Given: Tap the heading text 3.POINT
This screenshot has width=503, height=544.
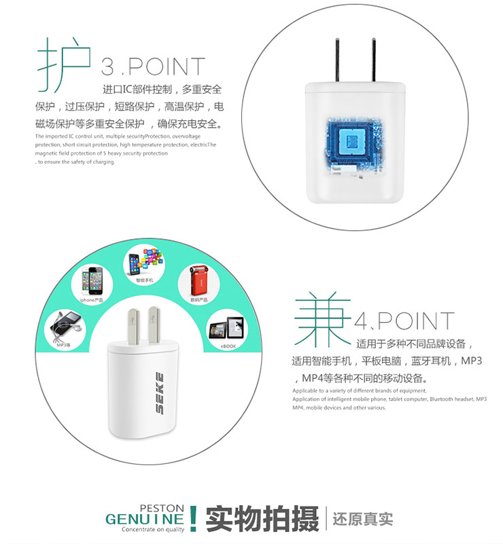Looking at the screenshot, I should click(x=153, y=67).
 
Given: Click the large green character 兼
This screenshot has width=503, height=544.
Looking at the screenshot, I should click(x=322, y=321).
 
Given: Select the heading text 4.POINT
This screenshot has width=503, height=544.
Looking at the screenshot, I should click(x=404, y=321).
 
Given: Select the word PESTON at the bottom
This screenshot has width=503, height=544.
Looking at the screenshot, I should click(x=161, y=507).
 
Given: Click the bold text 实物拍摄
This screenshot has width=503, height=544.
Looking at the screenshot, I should click(x=262, y=520).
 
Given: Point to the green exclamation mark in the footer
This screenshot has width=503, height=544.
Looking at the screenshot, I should click(x=194, y=518).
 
